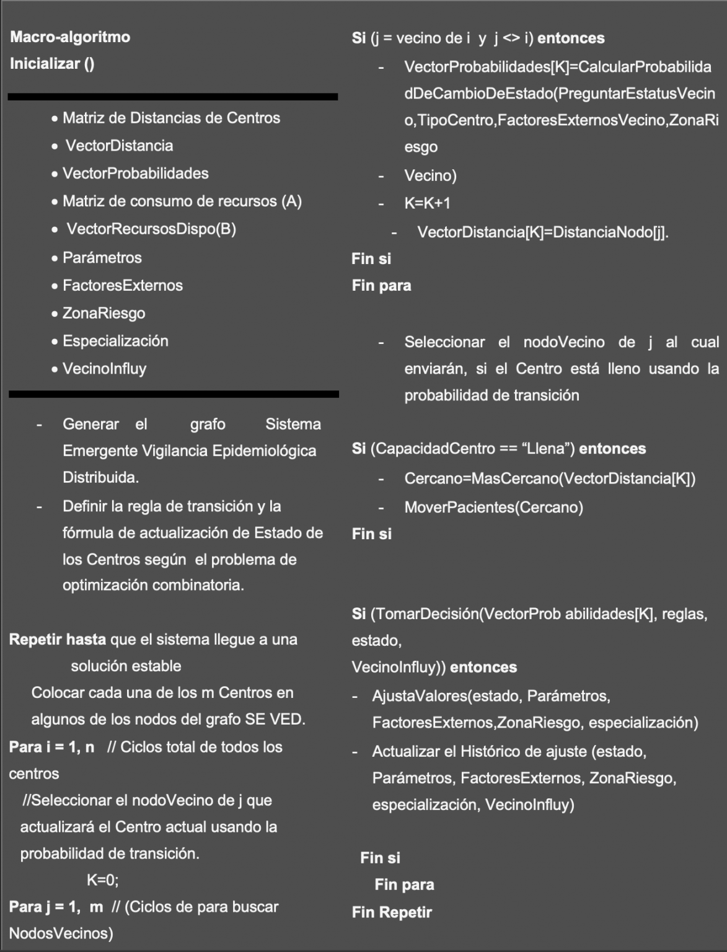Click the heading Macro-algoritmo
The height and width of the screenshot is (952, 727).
click(70, 37)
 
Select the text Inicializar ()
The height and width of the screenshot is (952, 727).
click(52, 64)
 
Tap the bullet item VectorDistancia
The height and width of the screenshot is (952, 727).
click(119, 146)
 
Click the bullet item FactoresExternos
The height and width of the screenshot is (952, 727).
click(122, 286)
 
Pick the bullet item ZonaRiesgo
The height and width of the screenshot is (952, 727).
click(104, 314)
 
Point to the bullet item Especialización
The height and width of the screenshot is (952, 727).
click(115, 341)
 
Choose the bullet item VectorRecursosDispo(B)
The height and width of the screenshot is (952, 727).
click(151, 229)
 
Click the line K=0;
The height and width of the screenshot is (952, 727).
click(102, 880)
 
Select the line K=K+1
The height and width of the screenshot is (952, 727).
click(427, 203)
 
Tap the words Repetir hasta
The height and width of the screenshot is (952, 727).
click(58, 640)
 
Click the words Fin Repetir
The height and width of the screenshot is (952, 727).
click(392, 912)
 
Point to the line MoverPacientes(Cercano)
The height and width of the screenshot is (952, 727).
click(493, 508)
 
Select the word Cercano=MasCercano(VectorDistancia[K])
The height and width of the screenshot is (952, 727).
click(550, 479)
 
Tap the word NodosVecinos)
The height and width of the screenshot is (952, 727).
click(61, 933)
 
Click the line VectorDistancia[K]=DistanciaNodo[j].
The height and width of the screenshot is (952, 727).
click(542, 232)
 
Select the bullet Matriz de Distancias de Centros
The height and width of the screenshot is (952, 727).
click(171, 118)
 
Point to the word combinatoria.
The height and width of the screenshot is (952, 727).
click(198, 586)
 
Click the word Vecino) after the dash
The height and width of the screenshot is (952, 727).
click(430, 176)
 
